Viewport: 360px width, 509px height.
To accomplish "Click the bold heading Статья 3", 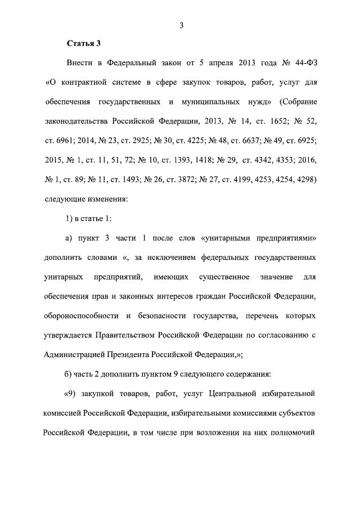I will coord(84,43).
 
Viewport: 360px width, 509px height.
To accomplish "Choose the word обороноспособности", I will coord(79,316).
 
